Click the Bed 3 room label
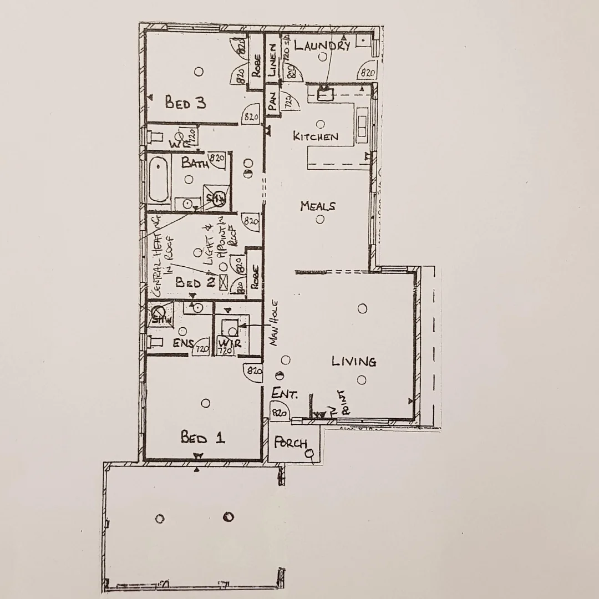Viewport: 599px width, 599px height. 185,103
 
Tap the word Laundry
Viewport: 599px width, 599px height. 322,46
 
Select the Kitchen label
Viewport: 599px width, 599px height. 315,136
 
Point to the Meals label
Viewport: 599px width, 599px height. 318,206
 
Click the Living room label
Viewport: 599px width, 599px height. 354,362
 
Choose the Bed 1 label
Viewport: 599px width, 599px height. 202,438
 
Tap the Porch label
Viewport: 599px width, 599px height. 291,444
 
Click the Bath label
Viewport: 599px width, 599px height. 195,164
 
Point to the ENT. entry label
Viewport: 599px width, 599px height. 285,394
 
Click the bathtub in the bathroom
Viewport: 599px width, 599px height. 159,179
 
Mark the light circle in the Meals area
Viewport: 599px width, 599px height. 320,219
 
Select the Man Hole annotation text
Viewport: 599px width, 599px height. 275,331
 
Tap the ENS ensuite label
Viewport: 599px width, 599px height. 184,343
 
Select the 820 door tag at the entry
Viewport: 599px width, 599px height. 279,413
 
